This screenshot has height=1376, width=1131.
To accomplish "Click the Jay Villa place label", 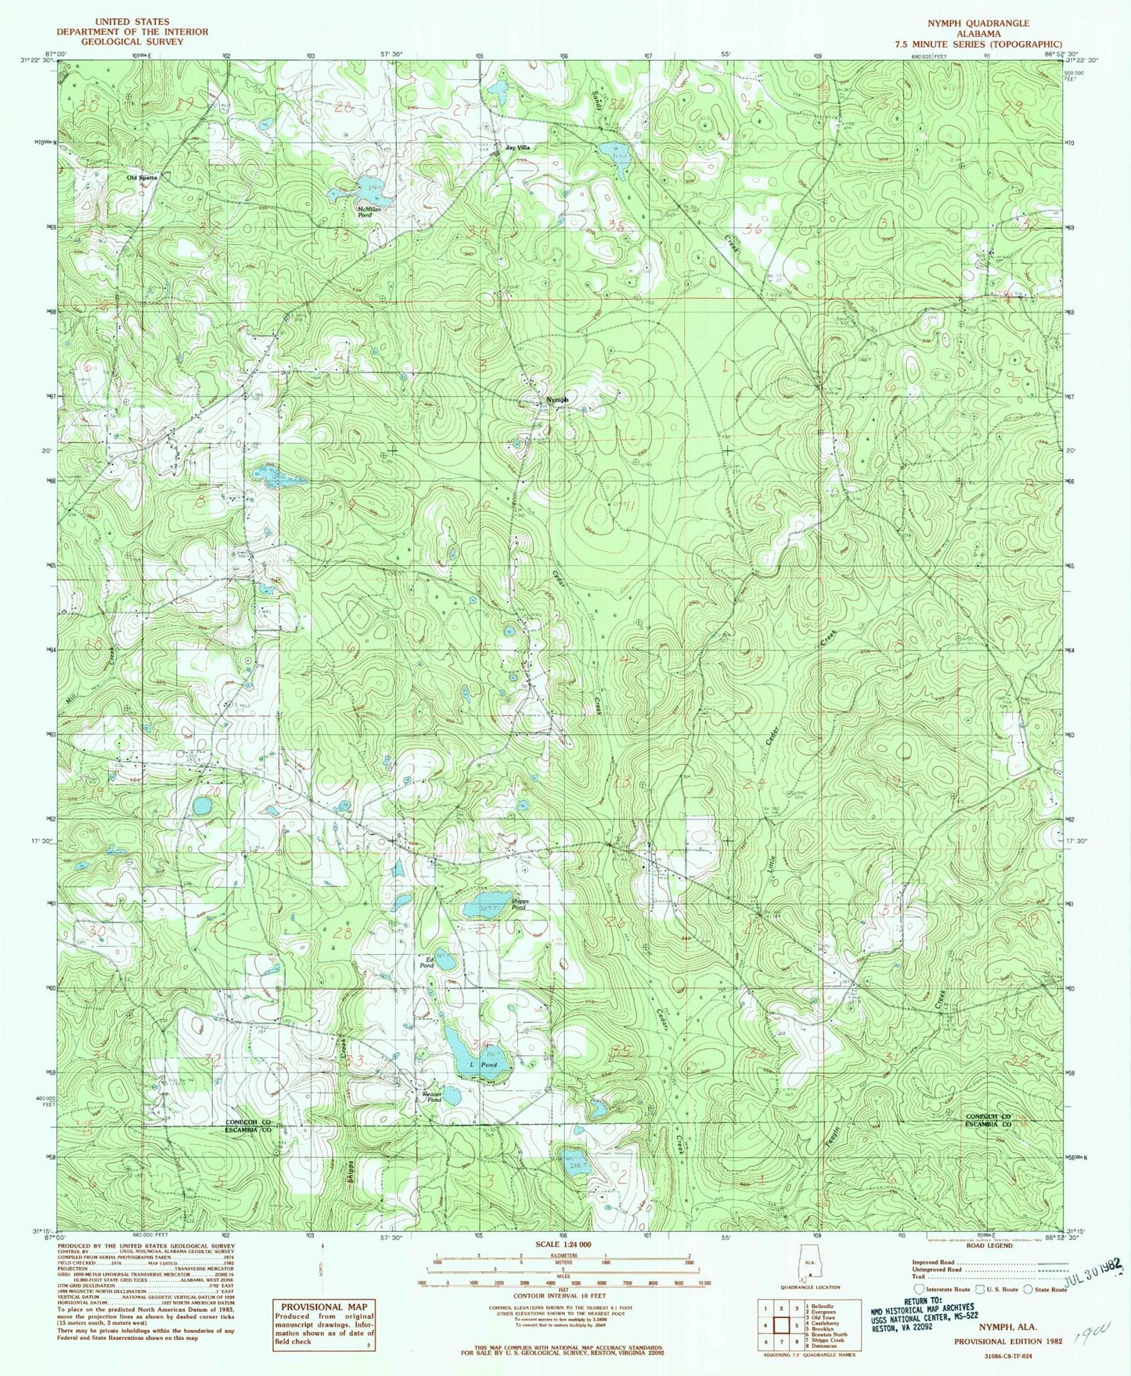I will [517, 147].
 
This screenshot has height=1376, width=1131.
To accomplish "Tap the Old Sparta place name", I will [142, 178].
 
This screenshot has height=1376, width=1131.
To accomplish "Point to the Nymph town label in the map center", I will [557, 399].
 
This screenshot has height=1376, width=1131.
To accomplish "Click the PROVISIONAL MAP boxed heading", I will [323, 1306].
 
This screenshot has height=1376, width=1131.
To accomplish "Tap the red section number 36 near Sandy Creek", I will [755, 229].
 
